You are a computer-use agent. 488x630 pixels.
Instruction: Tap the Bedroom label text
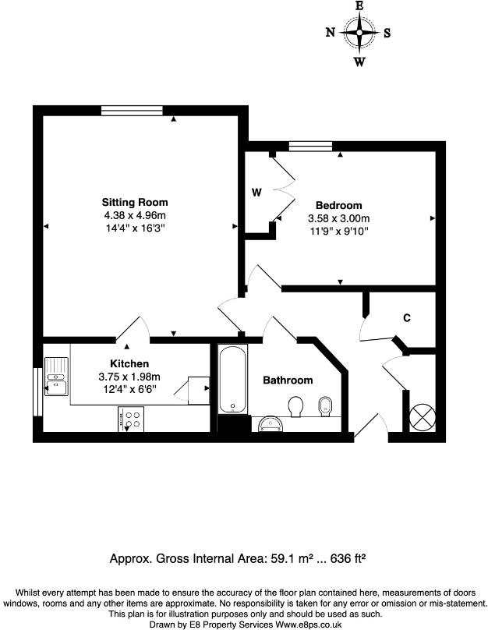pos(338,205)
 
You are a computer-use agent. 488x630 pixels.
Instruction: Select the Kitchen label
pos(129,364)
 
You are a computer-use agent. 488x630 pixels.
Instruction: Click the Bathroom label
pos(287,380)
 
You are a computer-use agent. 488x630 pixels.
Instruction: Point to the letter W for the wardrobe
pos(256,192)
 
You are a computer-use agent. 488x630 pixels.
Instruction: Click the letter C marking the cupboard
pos(407,318)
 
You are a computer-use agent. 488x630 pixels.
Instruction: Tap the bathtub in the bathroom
pos(232,380)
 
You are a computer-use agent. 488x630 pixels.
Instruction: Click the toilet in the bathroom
pos(295,406)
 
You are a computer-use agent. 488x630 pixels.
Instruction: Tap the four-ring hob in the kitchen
pos(132,419)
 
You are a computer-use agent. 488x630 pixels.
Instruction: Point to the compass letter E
pos(359,5)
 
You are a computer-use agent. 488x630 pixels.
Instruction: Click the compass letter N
pos(331,33)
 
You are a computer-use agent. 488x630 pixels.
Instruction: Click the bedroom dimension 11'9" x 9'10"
pos(338,231)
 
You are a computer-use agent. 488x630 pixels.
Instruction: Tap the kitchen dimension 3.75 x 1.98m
pos(129,377)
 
